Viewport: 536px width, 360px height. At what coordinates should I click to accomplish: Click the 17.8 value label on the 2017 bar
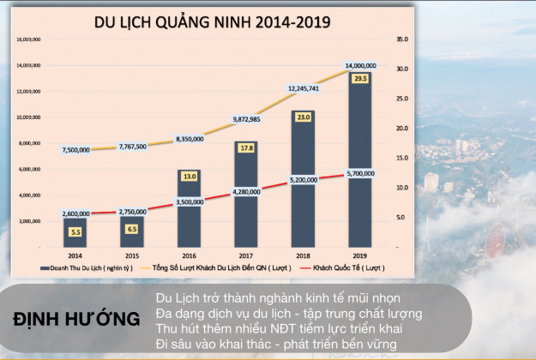pyautogui.click(x=246, y=148)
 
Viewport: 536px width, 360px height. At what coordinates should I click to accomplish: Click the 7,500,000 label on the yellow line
pyautogui.click(x=75, y=150)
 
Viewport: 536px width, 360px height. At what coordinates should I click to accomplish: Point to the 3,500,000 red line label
pyautogui.click(x=189, y=201)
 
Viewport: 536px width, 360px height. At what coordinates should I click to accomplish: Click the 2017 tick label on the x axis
pyautogui.click(x=246, y=255)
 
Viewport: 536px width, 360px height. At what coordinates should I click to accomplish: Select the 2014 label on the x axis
pyautogui.click(x=75, y=255)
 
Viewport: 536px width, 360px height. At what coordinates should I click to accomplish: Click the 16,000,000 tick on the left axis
pyautogui.click(x=30, y=39)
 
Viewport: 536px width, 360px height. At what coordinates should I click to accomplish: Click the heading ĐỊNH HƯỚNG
pyautogui.click(x=78, y=320)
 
